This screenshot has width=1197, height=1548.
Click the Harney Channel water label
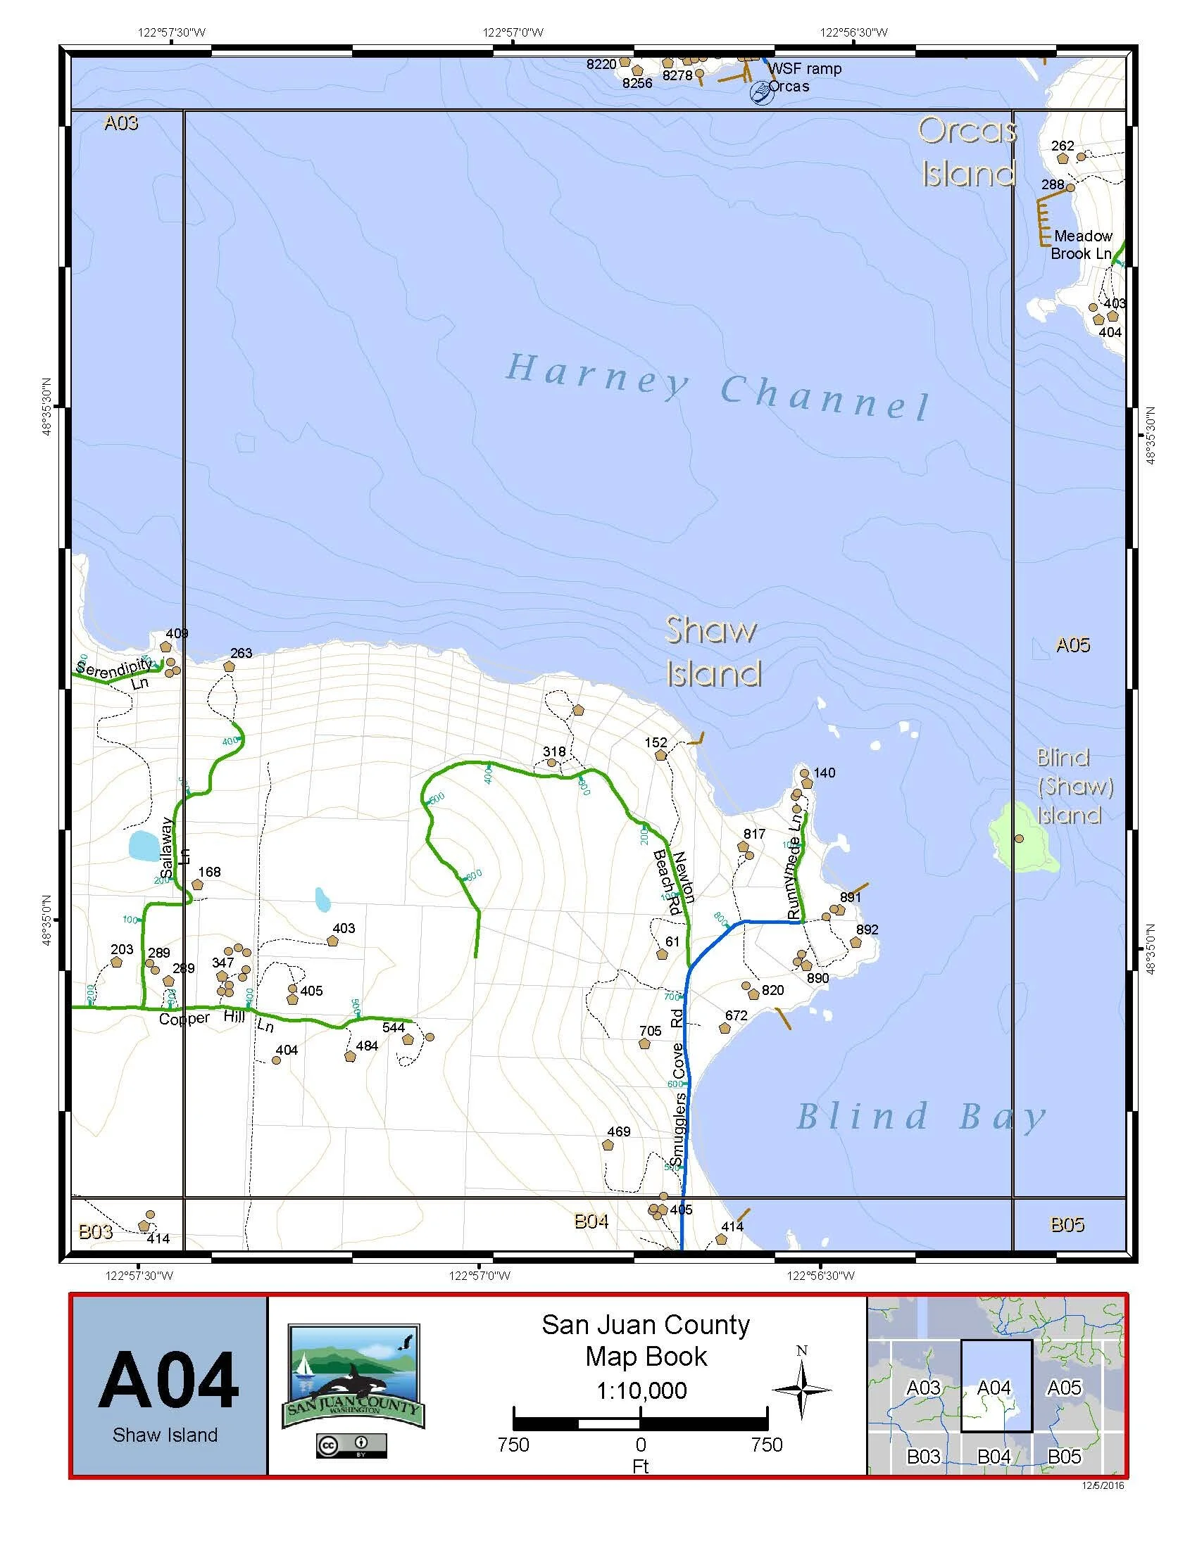[717, 387]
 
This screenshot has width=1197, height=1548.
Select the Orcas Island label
[968, 152]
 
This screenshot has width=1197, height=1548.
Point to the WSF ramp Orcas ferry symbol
[761, 93]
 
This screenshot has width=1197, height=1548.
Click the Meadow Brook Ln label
[1082, 245]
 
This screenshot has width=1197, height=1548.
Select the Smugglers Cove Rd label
[679, 1085]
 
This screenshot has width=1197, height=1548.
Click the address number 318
[554, 751]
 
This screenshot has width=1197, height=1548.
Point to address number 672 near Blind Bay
[736, 1015]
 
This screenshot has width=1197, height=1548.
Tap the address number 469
[618, 1131]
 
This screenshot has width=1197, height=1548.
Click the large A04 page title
[169, 1380]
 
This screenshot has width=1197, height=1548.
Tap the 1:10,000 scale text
[641, 1390]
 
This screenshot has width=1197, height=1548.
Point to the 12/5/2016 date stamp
[1103, 1485]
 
